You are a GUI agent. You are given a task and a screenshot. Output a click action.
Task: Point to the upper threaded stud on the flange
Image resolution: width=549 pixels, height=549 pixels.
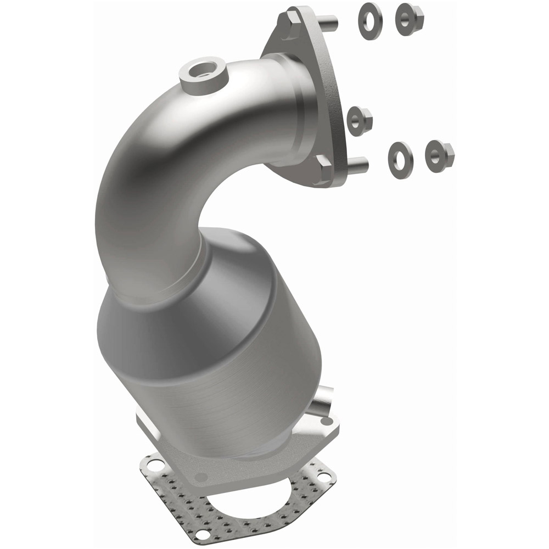329,23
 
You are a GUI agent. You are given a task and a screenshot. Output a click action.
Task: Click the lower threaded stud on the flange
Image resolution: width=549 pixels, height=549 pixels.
357,163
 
